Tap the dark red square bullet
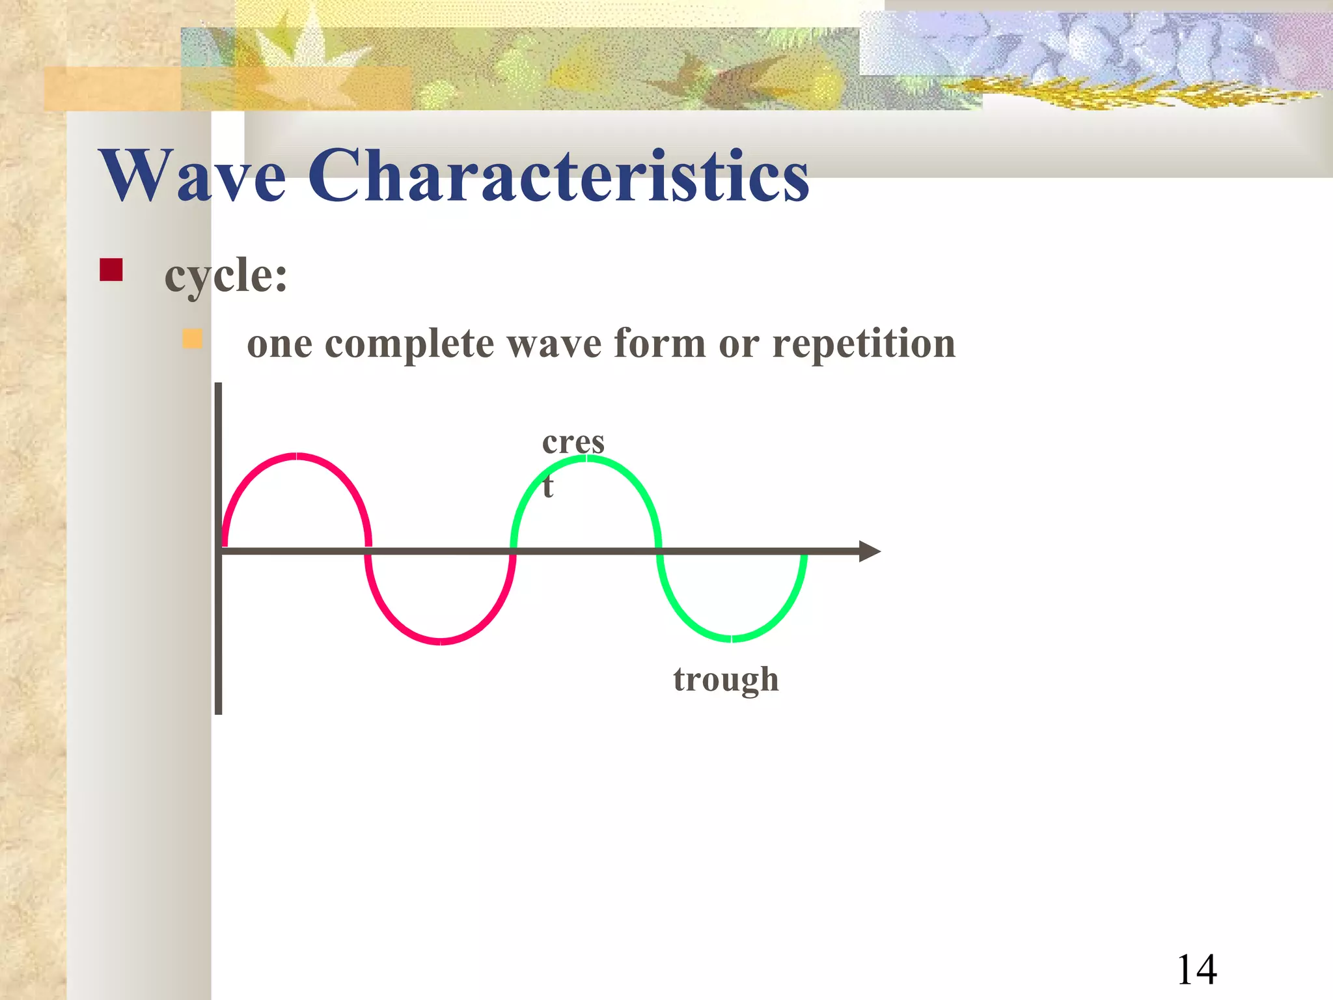111,270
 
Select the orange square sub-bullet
192,339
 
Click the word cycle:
225,276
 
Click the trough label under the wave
725,680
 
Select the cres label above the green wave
573,443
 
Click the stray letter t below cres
548,486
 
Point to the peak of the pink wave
297,456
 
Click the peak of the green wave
586,458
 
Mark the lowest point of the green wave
732,639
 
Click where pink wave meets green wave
513,551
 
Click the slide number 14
1196,970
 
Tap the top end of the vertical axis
219,386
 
